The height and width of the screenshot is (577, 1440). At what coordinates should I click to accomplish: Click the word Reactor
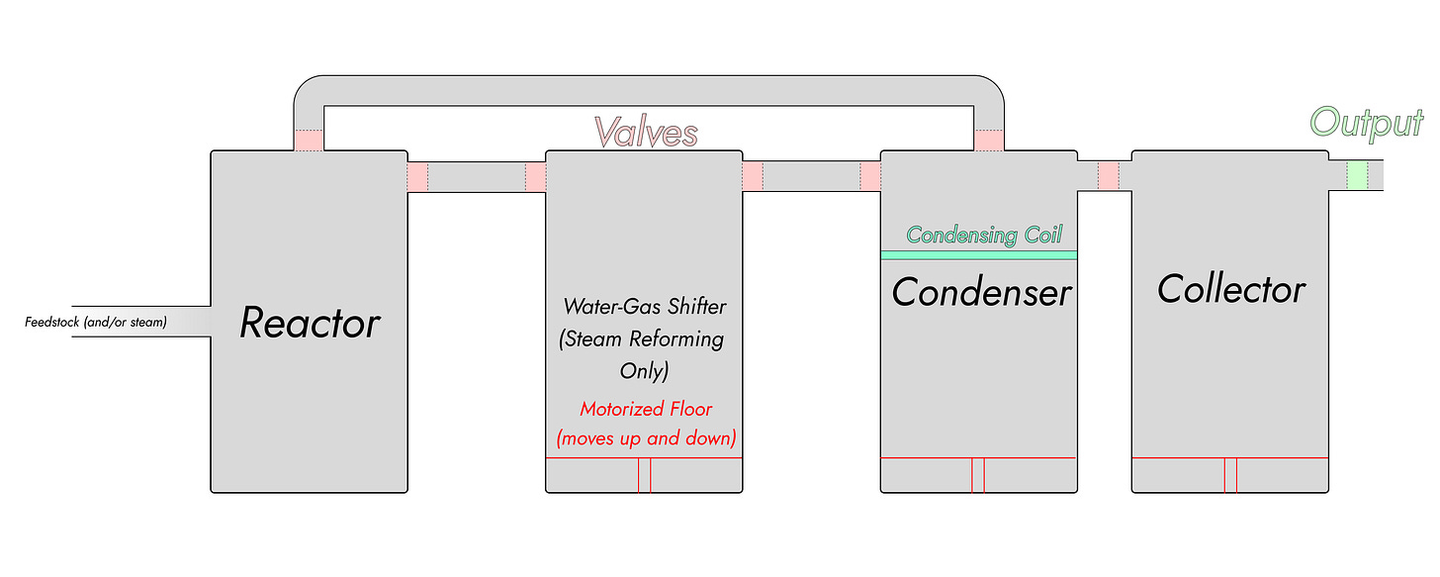pyautogui.click(x=310, y=324)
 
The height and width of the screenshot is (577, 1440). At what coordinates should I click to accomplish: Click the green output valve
pyautogui.click(x=1357, y=175)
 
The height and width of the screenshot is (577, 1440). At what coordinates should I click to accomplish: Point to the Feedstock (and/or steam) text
pyautogui.click(x=96, y=322)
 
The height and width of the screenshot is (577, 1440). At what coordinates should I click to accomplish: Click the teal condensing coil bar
pyautogui.click(x=978, y=254)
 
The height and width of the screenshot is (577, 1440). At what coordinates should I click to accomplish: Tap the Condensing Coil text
pyautogui.click(x=983, y=235)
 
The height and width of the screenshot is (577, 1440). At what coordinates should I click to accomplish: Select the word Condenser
pyautogui.click(x=981, y=292)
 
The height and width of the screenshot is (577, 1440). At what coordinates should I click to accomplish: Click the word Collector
pyautogui.click(x=1231, y=289)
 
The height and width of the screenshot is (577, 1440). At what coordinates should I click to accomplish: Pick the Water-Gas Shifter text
pyautogui.click(x=643, y=305)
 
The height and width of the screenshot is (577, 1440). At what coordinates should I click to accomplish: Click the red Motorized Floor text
pyautogui.click(x=645, y=409)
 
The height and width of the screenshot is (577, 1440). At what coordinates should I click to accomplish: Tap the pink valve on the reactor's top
pyautogui.click(x=309, y=142)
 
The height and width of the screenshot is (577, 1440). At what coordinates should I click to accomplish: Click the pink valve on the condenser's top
pyautogui.click(x=989, y=142)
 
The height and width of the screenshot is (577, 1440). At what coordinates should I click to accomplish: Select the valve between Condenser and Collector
pyautogui.click(x=1109, y=175)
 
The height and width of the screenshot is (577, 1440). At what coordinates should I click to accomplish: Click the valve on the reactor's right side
pyautogui.click(x=417, y=177)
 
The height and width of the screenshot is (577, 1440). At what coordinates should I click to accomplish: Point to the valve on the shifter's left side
pyautogui.click(x=535, y=177)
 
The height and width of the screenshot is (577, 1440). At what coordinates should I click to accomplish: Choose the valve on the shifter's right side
pyautogui.click(x=753, y=175)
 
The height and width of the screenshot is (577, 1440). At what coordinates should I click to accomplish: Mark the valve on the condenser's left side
pyautogui.click(x=870, y=175)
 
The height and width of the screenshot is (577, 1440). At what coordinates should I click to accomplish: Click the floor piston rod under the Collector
pyautogui.click(x=1230, y=475)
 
